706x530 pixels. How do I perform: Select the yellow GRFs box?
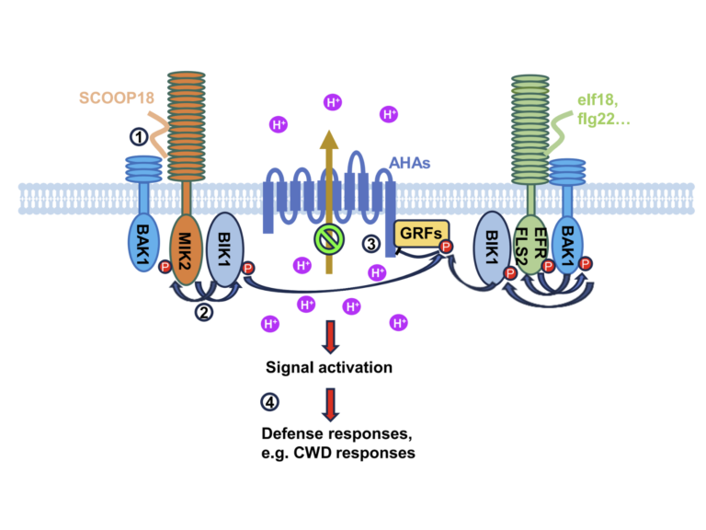coord(418,235)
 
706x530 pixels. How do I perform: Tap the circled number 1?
coord(139,136)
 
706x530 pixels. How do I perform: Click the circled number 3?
coord(370,244)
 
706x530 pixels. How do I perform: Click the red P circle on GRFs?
coord(447,247)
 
